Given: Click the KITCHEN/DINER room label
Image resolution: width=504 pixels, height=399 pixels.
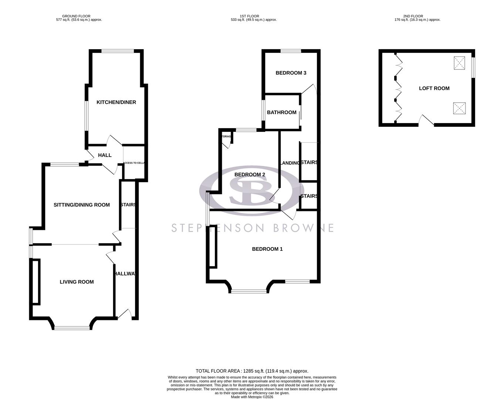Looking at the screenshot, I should (116, 102).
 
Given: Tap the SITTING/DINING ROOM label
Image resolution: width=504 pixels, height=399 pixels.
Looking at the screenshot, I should (82, 205).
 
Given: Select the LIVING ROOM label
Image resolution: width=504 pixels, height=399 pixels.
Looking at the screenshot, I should (77, 282).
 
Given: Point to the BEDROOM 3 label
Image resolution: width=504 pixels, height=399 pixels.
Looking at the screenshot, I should (291, 73).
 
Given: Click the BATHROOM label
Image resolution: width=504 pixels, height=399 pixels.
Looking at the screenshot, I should (281, 112).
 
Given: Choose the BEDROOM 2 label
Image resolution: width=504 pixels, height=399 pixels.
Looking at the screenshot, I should (250, 174).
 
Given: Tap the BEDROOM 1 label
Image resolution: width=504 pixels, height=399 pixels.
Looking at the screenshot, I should (267, 249).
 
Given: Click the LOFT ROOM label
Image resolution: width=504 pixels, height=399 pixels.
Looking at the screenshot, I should (434, 88).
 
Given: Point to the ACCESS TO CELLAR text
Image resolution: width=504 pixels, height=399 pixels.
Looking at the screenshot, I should (134, 163).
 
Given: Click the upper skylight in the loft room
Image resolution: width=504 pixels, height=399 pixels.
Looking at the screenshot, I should (460, 63).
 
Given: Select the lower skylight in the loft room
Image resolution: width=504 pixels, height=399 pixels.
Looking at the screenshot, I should (460, 109).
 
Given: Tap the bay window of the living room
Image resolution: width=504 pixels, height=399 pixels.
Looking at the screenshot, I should (72, 327).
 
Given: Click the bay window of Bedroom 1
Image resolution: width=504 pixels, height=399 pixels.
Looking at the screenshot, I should (248, 291).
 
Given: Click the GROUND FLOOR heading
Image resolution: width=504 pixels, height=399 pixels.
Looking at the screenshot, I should (77, 16).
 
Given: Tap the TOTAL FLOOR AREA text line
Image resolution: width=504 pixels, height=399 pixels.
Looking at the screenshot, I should (252, 371).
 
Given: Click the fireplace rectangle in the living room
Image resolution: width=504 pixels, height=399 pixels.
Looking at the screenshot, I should (36, 282).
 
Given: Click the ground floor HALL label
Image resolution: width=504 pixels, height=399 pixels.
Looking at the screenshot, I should (105, 155).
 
